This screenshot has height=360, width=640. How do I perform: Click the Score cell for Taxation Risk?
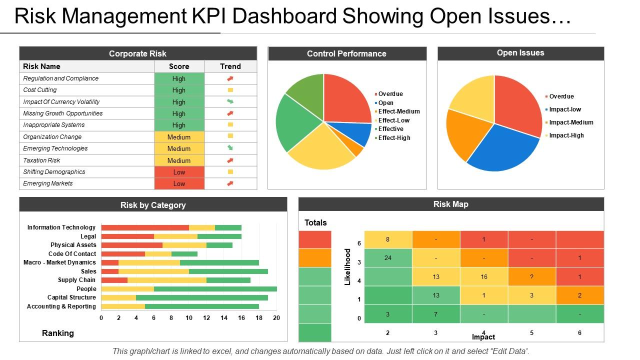click(x=179, y=160)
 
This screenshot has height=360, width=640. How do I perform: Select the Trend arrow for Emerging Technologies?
click(x=230, y=148)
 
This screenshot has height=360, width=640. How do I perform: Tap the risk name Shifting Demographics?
click(x=54, y=172)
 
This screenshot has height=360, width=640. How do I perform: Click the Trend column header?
click(x=230, y=66)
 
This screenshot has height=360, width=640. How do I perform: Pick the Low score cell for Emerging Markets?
click(x=179, y=183)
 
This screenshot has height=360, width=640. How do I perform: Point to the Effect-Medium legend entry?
click(x=398, y=111)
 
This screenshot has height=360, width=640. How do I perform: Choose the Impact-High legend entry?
click(x=566, y=135)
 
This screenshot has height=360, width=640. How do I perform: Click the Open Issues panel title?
click(x=520, y=53)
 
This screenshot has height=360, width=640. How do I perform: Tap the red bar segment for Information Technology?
click(x=145, y=227)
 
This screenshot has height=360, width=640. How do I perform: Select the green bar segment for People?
click(x=215, y=289)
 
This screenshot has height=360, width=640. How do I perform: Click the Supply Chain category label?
click(x=76, y=280)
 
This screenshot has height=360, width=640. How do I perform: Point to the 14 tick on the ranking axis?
click(x=224, y=318)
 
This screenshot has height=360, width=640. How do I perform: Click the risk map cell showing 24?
click(x=388, y=258)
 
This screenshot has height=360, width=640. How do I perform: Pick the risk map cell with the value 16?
click(x=483, y=276)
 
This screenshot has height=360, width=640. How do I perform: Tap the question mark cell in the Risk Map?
click(x=531, y=276)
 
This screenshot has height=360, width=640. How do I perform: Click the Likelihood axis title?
click(x=348, y=266)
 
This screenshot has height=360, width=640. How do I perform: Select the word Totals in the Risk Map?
click(x=315, y=222)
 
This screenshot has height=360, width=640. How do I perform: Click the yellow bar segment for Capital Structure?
click(x=118, y=297)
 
